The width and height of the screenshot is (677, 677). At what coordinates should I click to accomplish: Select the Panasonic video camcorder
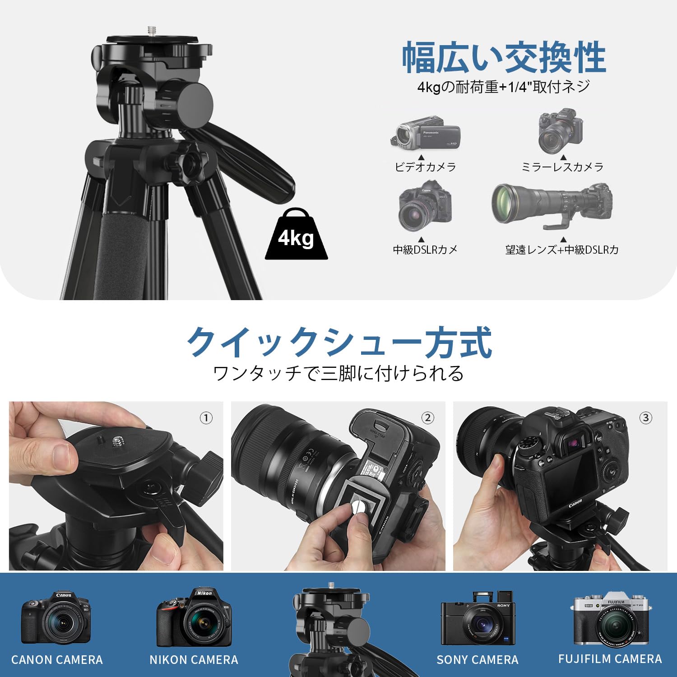coord(426,131)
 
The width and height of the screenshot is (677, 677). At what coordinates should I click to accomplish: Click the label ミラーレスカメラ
coord(562,167)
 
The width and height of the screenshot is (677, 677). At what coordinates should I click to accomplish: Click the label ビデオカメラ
coord(425,167)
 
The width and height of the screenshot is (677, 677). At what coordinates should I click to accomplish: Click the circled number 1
coord(206,418)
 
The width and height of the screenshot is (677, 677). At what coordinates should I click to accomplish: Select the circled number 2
coord(427,418)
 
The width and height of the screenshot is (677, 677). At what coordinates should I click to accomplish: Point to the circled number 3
coord(646,418)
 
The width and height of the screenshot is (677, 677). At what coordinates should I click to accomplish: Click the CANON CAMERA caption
coord(57,660)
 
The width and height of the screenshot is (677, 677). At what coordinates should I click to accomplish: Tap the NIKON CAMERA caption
coord(194,660)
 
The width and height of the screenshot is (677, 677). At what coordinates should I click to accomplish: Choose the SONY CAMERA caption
coord(478,660)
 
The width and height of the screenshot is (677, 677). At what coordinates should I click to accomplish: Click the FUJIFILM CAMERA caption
coord(610,659)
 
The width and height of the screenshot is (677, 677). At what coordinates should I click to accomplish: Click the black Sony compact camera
coord(477,619)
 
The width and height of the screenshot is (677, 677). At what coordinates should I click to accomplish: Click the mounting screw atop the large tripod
coord(150,30)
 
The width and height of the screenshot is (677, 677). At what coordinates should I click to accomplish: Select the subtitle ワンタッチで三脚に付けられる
coord(338,374)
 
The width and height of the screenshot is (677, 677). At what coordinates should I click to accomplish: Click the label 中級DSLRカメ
coord(425,250)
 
